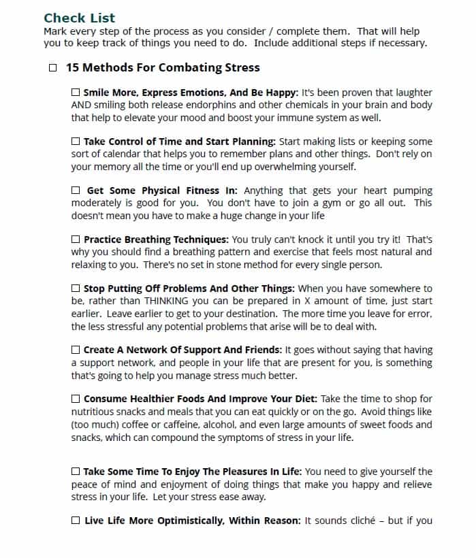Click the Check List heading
click(x=80, y=18)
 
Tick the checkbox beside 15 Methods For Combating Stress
click(x=52, y=68)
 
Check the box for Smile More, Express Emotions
click(x=76, y=93)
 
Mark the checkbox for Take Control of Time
click(x=76, y=142)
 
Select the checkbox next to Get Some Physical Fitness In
click(x=76, y=191)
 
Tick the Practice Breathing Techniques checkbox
click(x=76, y=240)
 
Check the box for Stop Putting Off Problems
click(x=76, y=289)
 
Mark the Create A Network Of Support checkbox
click(x=76, y=350)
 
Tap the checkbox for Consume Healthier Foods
click(x=76, y=399)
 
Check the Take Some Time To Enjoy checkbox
click(x=76, y=472)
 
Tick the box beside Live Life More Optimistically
click(x=76, y=521)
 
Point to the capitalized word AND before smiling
click(x=83, y=105)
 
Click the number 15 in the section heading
click(x=73, y=68)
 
